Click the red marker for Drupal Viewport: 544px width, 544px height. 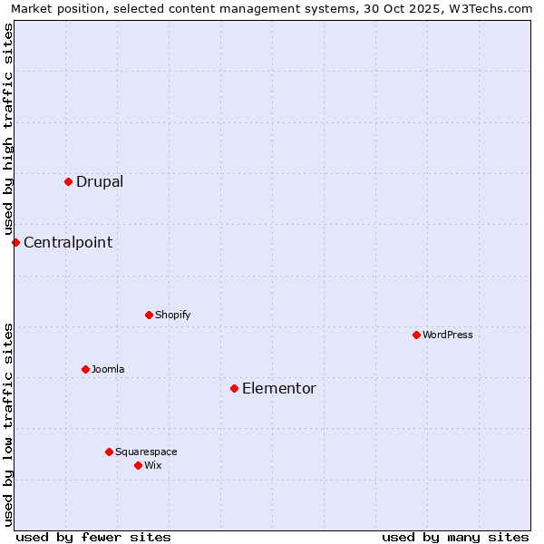(68, 181)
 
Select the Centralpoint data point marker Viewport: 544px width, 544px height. (15, 242)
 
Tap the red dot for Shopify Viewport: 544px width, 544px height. (149, 315)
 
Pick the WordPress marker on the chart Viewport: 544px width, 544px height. (416, 335)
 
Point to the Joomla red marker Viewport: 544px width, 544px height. (85, 369)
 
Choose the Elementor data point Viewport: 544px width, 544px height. (234, 388)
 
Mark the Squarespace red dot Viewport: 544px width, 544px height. (109, 452)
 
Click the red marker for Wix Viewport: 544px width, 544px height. (138, 465)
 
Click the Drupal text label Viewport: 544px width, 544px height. (100, 181)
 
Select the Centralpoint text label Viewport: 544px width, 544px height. (68, 242)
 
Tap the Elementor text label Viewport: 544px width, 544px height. (279, 388)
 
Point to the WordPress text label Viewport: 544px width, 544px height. (448, 335)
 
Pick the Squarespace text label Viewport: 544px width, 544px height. (146, 452)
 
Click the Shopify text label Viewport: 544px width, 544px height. (172, 315)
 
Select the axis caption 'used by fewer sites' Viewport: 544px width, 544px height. (93, 537)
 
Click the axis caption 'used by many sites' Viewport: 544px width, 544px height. (455, 537)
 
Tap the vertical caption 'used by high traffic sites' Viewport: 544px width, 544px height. (8, 129)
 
